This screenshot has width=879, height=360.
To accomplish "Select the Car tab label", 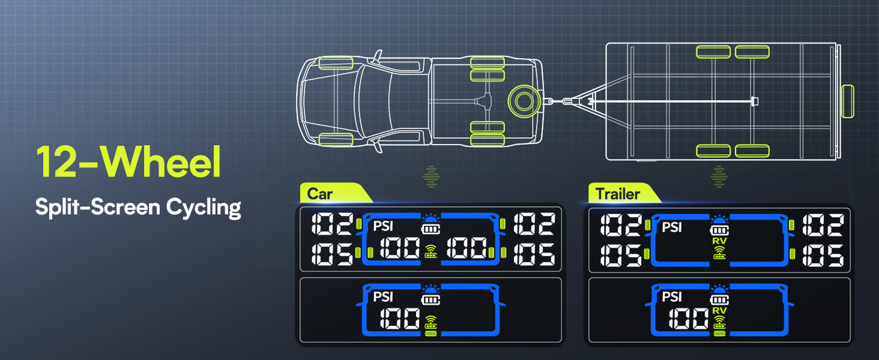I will tap(320, 194).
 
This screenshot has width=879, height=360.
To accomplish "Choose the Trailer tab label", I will tap(617, 194).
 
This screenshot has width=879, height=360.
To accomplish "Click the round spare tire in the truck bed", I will tap(522, 99).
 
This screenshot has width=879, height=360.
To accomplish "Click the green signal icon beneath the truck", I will tap(431, 176).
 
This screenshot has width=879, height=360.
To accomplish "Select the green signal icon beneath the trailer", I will tap(719, 176).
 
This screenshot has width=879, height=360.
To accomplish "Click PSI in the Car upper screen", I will tap(383, 227).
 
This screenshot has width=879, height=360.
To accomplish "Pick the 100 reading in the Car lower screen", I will tap(399, 318).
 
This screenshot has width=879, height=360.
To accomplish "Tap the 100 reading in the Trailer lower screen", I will tap(688, 318).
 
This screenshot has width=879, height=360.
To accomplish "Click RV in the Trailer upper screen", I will tap(719, 241).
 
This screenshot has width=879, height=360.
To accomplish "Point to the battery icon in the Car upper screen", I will tap(431, 231).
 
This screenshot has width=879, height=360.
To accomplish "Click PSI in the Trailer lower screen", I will tap(672, 297).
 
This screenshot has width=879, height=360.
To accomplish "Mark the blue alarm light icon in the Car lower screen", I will tap(431, 288).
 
